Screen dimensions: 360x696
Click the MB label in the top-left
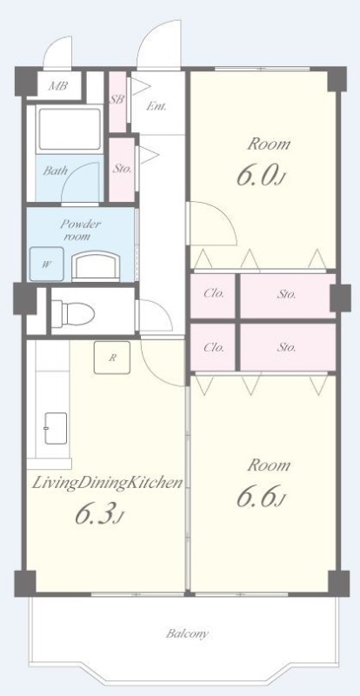(x=57, y=86)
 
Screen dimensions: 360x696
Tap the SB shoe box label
(x=117, y=100)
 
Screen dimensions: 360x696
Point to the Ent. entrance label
(x=157, y=106)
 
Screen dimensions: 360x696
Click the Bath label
(x=55, y=171)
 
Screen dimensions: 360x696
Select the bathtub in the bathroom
(x=70, y=129)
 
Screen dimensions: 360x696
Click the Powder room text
(x=80, y=230)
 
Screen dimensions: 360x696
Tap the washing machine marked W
(x=47, y=264)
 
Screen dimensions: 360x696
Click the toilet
(x=73, y=313)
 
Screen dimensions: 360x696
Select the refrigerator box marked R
(x=112, y=358)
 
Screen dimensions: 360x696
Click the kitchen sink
(x=56, y=428)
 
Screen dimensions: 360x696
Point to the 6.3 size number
(x=98, y=514)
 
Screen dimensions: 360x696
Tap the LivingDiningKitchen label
(x=107, y=484)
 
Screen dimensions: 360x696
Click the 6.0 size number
(x=260, y=175)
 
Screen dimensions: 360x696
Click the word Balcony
(x=187, y=633)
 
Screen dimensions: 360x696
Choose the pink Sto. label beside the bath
(x=122, y=169)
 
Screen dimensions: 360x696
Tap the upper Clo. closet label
(x=213, y=294)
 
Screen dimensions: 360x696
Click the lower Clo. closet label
(x=213, y=347)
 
